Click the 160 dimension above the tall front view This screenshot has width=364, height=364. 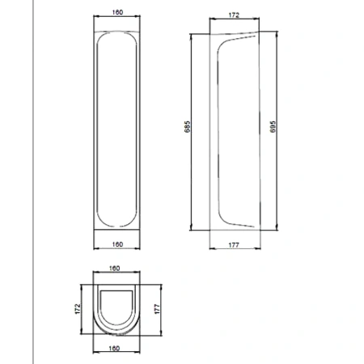[117, 12]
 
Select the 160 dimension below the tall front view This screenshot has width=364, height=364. [117, 244]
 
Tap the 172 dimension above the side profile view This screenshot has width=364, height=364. [234, 15]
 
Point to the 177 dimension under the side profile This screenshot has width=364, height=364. [234, 245]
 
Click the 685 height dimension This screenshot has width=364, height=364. [188, 126]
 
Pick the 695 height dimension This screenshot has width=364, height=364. [273, 126]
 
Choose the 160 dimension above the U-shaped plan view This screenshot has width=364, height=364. [114, 269]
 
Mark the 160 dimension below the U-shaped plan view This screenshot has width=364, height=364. [114, 348]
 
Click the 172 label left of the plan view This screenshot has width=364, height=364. [78, 309]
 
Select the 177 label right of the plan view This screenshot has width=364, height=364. [157, 309]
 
